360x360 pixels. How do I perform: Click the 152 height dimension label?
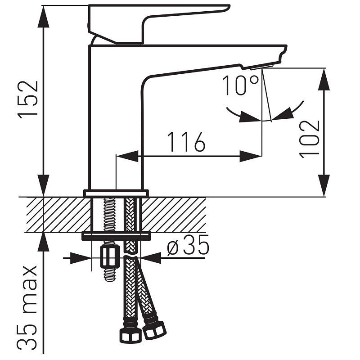pos(28,99)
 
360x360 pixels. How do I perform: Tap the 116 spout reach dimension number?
pos(186,142)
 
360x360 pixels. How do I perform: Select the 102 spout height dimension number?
pos(310,139)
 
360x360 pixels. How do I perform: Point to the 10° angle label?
pos(240,85)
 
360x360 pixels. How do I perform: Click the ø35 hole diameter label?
pos(188,245)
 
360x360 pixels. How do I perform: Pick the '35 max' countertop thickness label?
pos(27,307)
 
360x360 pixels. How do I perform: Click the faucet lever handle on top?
pos(158,24)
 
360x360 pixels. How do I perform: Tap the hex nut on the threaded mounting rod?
pos(110,256)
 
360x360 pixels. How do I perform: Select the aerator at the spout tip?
pos(262,67)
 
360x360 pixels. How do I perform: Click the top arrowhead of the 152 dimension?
pos(43,16)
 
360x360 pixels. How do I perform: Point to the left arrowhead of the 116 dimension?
pos(127,156)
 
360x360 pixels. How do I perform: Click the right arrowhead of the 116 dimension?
pos(251,156)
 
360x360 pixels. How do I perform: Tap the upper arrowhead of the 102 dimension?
pos(324,79)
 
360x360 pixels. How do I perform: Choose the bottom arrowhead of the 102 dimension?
pos(324,186)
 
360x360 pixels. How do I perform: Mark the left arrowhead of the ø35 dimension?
pos(80,258)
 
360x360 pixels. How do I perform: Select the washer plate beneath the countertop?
pos(117,236)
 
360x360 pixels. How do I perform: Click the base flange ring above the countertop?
pos(116,193)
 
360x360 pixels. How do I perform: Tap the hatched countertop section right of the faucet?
pos(174,215)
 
